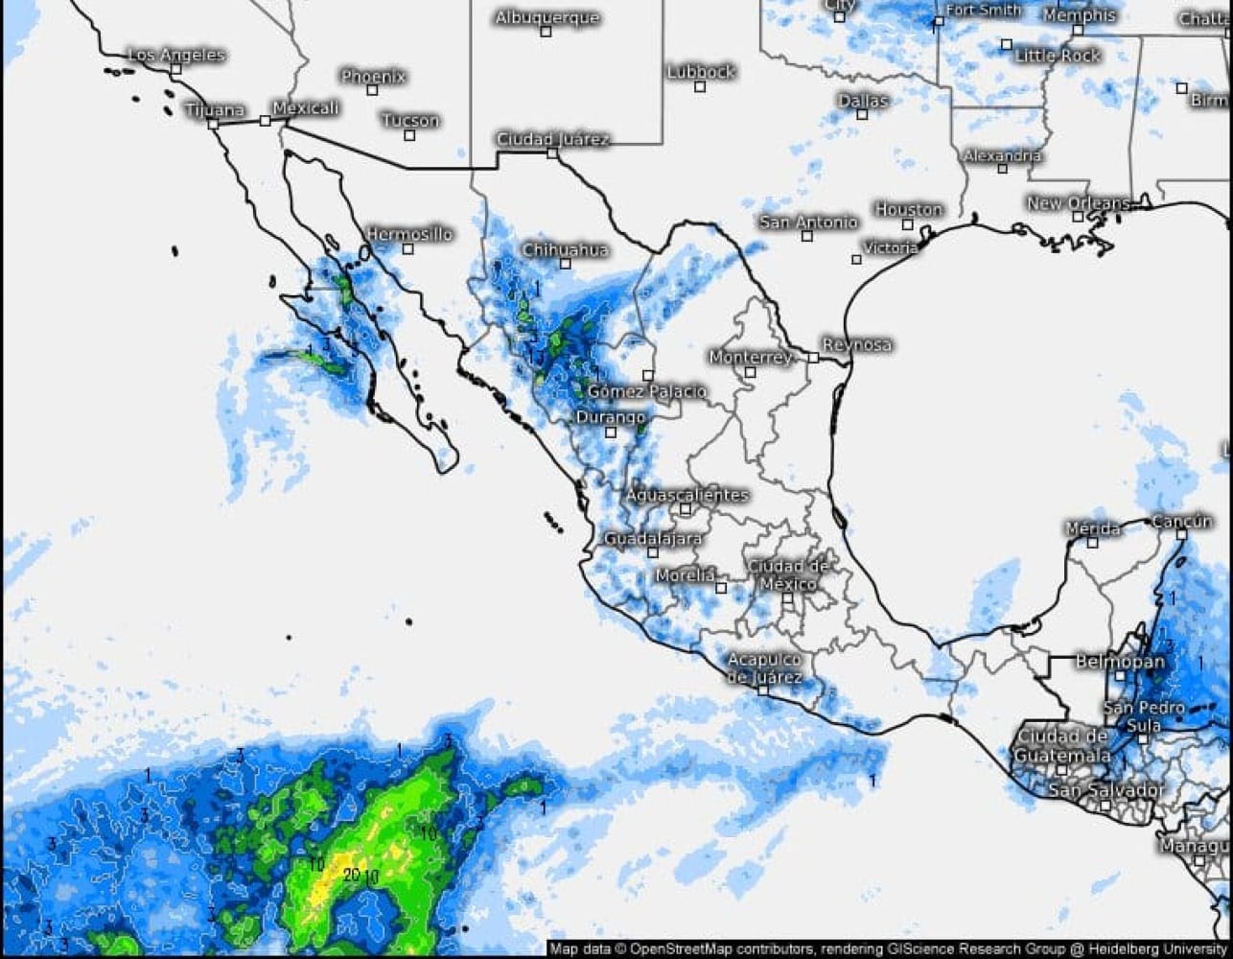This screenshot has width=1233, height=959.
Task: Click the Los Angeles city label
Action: click(176, 55)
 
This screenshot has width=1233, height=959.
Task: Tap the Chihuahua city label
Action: click(565, 249)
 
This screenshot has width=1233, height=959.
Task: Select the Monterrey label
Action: click(751, 357)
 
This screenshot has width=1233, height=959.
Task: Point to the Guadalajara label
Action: click(652, 539)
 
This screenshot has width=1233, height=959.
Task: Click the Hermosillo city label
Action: click(409, 234)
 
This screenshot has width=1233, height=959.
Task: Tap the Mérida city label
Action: click(1093, 528)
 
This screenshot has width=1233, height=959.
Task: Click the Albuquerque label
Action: click(547, 17)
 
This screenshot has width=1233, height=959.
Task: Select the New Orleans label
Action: click(1078, 203)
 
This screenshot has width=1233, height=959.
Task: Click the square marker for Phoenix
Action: click(372, 90)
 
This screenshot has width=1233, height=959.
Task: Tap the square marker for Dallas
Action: click(862, 114)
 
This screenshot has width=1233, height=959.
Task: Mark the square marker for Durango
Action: click(611, 433)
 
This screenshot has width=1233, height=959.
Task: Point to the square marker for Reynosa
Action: click(812, 358)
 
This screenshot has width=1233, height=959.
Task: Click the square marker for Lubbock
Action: click(700, 86)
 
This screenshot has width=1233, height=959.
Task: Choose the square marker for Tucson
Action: click(409, 134)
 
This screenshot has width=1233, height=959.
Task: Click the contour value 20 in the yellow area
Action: click(351, 874)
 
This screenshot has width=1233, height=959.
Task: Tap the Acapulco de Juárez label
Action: click(764, 668)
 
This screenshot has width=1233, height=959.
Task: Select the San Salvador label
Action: click(1105, 791)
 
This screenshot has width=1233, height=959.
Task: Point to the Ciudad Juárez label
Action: click(552, 139)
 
